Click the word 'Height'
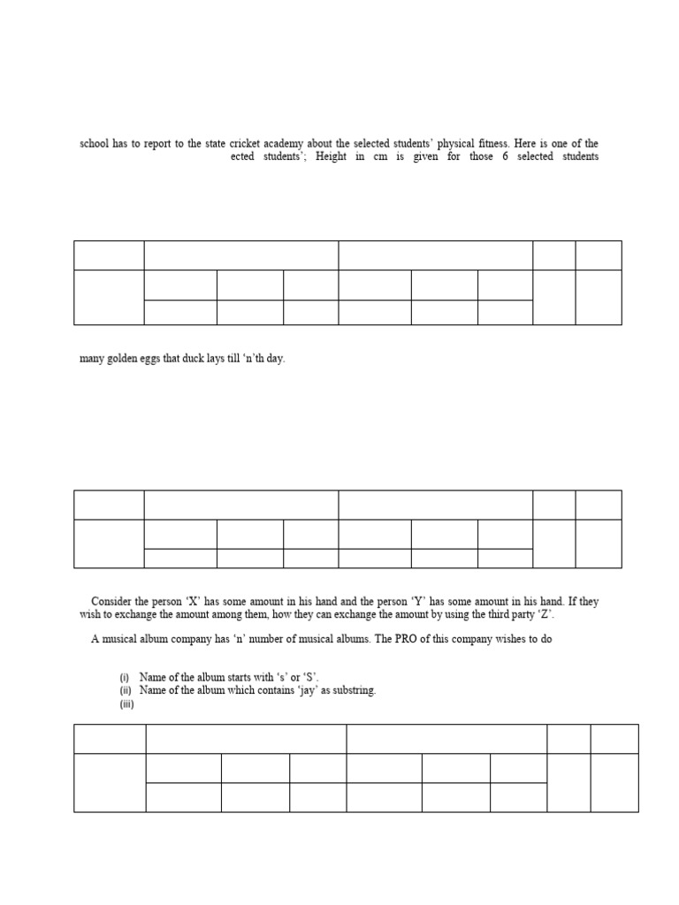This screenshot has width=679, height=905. pyautogui.click(x=331, y=156)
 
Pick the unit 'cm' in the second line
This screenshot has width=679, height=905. pyautogui.click(x=381, y=156)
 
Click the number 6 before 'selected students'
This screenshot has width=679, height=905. pyautogui.click(x=505, y=156)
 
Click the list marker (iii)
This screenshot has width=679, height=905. pyautogui.click(x=126, y=704)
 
